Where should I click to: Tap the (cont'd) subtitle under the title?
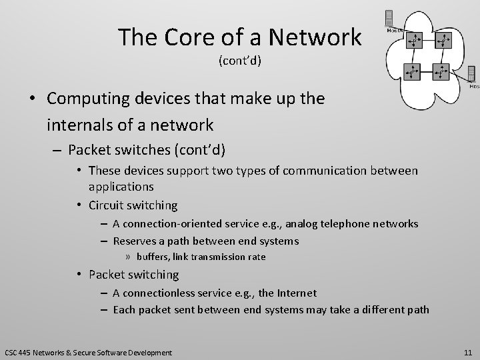click(x=240, y=61)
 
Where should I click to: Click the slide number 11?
click(x=468, y=351)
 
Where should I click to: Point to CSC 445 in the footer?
click(x=18, y=351)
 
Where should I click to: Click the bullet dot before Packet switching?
click(x=79, y=275)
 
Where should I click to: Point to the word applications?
click(x=121, y=187)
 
